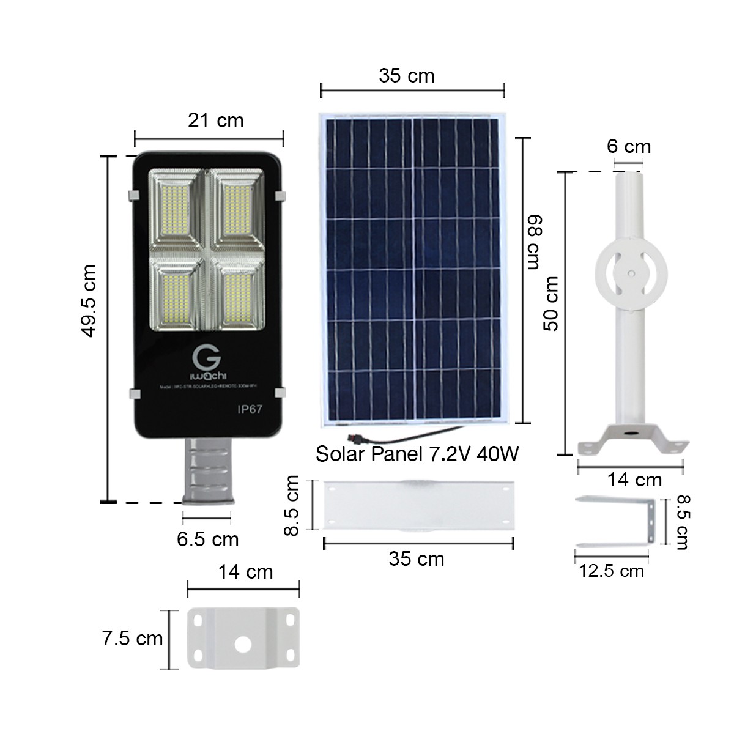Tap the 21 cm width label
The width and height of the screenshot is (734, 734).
(x=215, y=120)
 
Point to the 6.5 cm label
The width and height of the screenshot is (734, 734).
(x=208, y=539)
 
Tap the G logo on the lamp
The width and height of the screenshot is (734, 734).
(x=202, y=357)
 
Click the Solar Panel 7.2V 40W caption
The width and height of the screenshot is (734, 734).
(x=417, y=454)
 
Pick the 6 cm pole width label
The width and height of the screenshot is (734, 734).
(x=629, y=147)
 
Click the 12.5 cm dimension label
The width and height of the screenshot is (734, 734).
(x=612, y=571)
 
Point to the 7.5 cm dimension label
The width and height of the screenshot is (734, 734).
(x=132, y=639)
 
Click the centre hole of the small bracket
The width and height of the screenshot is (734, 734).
(x=243, y=644)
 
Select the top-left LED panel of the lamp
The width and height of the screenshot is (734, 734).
(x=177, y=211)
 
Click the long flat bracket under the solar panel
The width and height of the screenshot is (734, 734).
(x=418, y=505)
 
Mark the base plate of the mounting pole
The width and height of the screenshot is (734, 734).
(x=629, y=440)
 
